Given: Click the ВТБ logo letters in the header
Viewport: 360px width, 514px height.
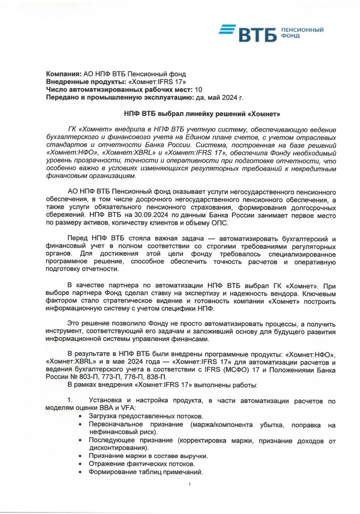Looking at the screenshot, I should tap(257, 35).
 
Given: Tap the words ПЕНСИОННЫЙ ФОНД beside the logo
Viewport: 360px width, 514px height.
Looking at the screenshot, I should tap(302, 33).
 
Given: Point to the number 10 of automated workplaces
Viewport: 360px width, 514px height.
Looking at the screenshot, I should tap(198, 89).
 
